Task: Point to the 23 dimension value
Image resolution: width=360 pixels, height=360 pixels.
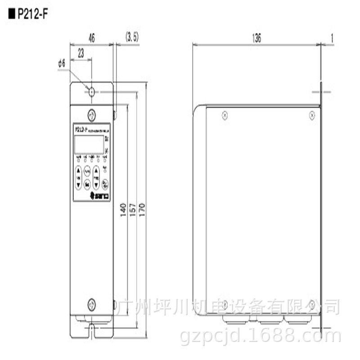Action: tap(81, 53)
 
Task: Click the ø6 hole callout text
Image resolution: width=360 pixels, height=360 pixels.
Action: tap(62, 64)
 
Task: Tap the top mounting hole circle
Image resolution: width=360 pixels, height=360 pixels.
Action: tap(92, 92)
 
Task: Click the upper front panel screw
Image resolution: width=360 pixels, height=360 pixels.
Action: tap(91, 113)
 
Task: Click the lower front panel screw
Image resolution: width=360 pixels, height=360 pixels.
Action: tap(91, 303)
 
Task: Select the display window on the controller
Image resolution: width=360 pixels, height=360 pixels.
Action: tap(89, 144)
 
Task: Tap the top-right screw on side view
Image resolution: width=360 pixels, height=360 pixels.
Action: tap(312, 115)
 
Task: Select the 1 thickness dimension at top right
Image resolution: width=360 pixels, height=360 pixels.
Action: tap(332, 39)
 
